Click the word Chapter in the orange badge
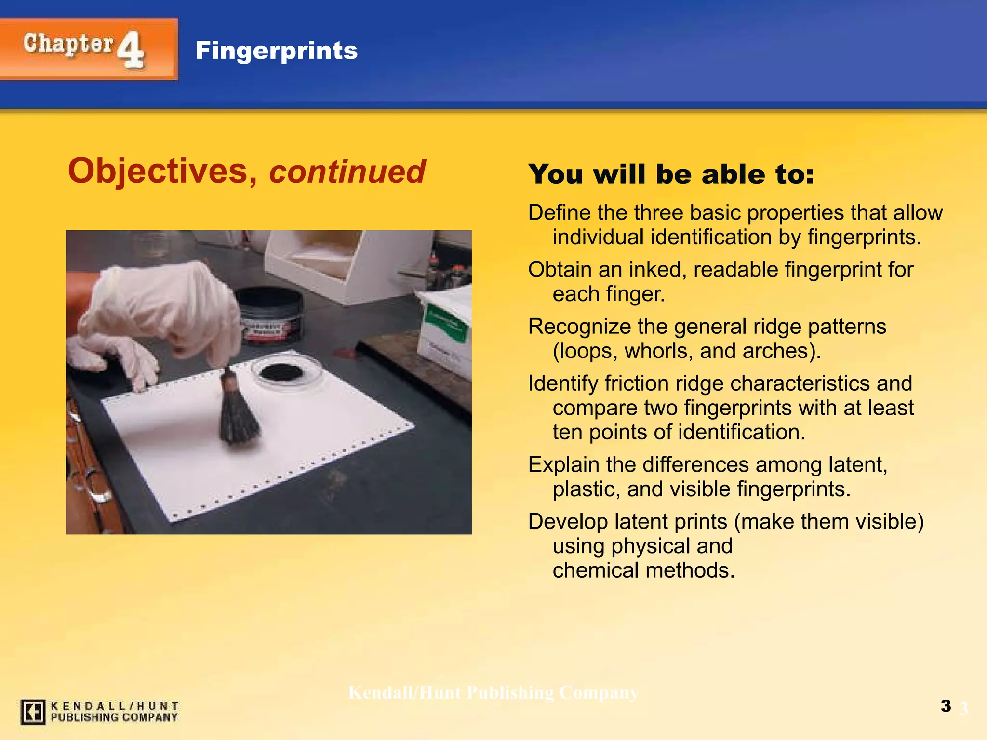pyautogui.click(x=68, y=45)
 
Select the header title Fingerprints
pyautogui.click(x=276, y=51)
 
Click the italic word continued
pyautogui.click(x=347, y=172)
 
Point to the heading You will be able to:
pyautogui.click(x=671, y=174)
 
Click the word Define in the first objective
pyautogui.click(x=559, y=213)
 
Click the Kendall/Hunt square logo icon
pyautogui.click(x=33, y=712)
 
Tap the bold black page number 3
pyautogui.click(x=946, y=706)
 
